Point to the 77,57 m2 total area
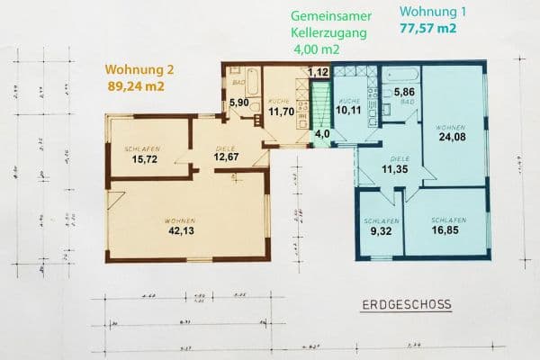click(x=427, y=29)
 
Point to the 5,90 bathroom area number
click(x=238, y=103)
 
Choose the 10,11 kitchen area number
click(x=347, y=112)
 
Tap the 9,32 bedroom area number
click(x=376, y=230)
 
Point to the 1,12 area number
click(x=317, y=72)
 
